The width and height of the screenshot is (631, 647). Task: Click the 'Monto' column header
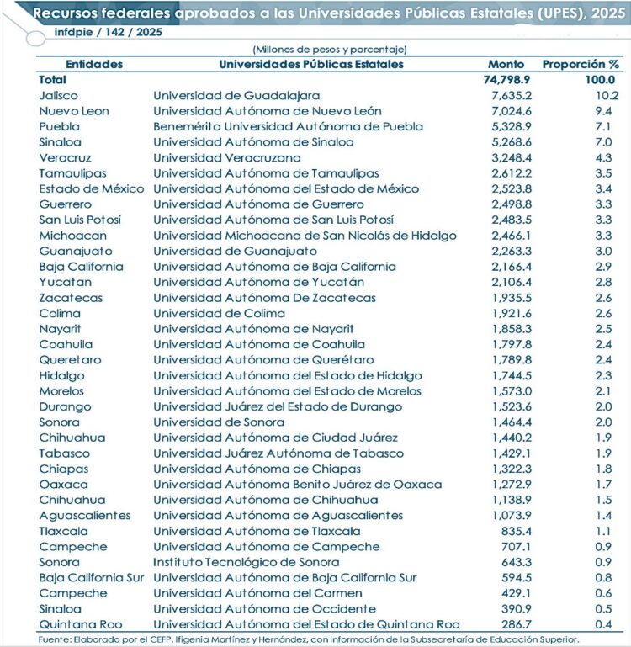(506, 64)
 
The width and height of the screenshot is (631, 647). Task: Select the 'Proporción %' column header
(581, 64)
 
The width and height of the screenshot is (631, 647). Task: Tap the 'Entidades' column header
(93, 64)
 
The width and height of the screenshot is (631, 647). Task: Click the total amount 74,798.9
(506, 79)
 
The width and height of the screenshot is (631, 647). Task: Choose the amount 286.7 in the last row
(516, 623)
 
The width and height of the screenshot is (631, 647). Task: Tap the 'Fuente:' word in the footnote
(56, 639)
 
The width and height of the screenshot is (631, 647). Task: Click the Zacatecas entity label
(71, 298)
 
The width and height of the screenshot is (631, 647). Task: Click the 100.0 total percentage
(601, 79)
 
